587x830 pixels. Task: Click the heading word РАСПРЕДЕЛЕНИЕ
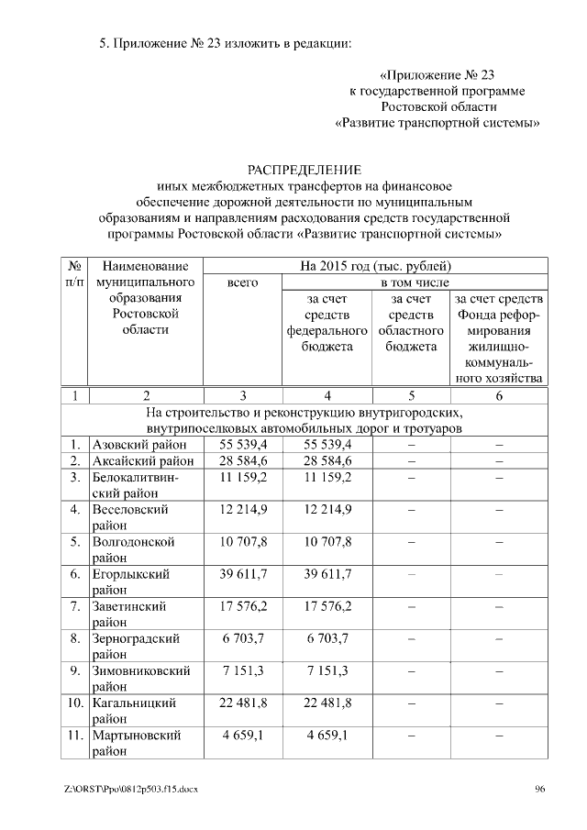(x=305, y=170)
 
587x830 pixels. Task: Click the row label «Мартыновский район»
(x=137, y=744)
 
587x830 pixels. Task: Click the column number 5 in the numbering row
(x=411, y=395)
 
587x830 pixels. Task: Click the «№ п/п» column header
(x=74, y=274)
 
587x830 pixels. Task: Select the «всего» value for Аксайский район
(x=243, y=460)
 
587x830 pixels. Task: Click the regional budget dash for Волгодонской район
(x=411, y=542)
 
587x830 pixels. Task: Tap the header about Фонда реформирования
(x=499, y=338)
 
